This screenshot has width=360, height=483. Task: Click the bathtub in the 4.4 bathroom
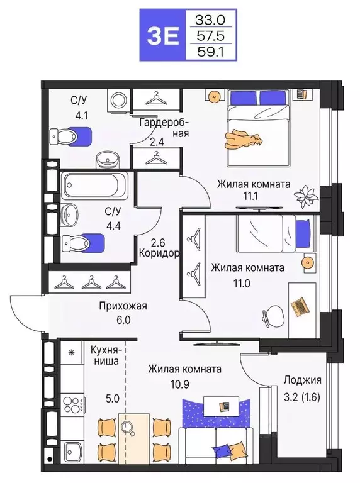pos(95,186)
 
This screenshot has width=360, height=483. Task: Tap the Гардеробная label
pos(162,128)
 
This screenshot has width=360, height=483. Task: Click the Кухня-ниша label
pos(106,357)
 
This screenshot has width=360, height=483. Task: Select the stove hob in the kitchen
pos(73,404)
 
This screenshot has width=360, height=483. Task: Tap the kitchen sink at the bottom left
pos(75,450)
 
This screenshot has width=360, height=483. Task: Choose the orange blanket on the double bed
pos(244,139)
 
